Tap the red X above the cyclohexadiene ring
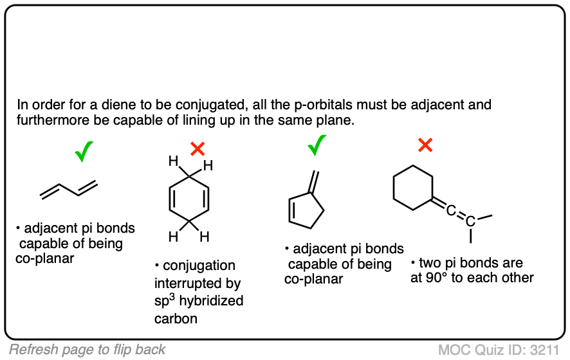click(x=198, y=149)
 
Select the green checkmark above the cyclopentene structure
click(x=317, y=147)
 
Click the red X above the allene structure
click(x=425, y=145)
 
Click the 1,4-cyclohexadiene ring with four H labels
click(x=188, y=200)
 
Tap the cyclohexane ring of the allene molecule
click(x=412, y=188)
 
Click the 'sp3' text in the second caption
click(x=165, y=300)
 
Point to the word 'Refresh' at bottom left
click(x=32, y=350)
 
